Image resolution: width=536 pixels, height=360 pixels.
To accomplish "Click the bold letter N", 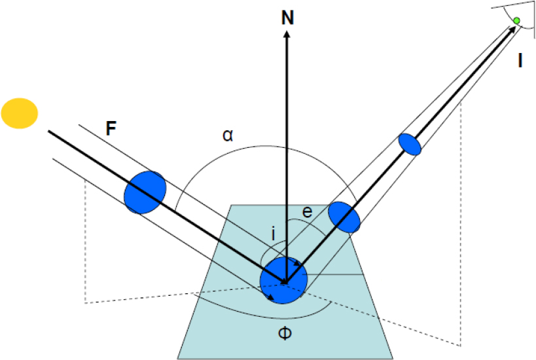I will [287, 18].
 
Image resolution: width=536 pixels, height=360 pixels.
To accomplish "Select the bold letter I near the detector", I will [520, 62].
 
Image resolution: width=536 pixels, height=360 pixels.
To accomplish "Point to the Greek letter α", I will [227, 135].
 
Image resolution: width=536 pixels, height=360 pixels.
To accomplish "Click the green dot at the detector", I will [516, 22].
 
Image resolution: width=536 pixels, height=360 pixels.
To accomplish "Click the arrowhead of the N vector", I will [287, 34].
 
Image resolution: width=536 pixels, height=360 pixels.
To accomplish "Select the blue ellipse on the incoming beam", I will [145, 192].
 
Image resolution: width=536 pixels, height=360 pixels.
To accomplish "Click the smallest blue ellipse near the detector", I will [410, 143].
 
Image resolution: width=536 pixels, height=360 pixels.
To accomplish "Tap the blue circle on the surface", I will [283, 280].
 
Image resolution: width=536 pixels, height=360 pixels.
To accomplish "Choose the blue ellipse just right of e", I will [344, 217].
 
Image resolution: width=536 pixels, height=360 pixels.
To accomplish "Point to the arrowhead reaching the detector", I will [510, 30].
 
